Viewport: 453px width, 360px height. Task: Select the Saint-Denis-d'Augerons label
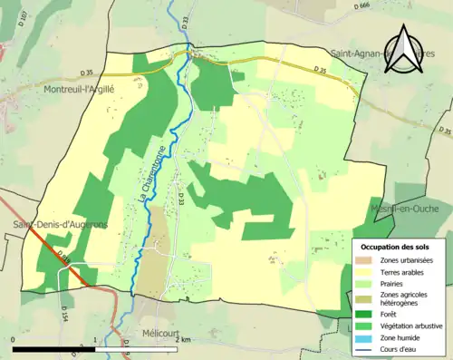47,224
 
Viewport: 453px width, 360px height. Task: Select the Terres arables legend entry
402,271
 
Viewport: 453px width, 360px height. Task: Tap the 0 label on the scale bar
14,339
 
